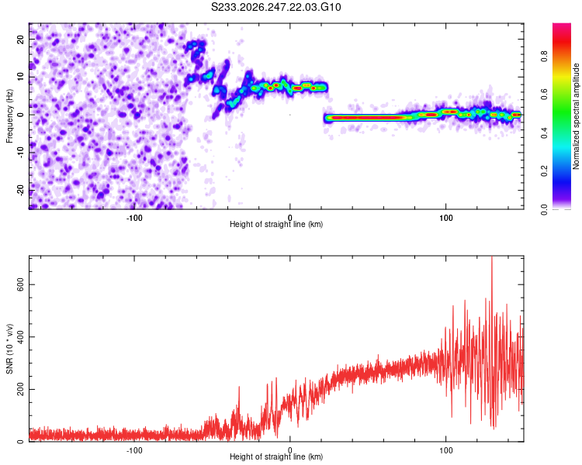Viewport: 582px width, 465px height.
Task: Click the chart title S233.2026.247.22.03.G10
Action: (x=275, y=7)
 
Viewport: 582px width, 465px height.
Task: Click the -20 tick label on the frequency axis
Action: (x=21, y=190)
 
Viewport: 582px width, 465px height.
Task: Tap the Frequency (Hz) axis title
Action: (x=9, y=115)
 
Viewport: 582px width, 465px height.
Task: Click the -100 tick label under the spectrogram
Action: (x=134, y=218)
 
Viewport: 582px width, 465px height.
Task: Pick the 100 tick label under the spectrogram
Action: (x=445, y=218)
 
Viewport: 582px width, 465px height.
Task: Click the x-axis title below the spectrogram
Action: (x=276, y=224)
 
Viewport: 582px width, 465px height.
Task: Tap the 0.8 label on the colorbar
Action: (x=545, y=57)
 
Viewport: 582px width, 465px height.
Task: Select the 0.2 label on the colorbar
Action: (x=545, y=171)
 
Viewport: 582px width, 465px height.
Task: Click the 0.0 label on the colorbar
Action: (x=545, y=209)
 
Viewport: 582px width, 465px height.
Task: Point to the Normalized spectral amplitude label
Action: (x=576, y=116)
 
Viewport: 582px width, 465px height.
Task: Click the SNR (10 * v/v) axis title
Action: (x=9, y=349)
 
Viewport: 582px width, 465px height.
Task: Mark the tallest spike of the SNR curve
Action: (x=492, y=257)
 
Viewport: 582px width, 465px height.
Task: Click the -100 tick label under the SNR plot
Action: (x=134, y=450)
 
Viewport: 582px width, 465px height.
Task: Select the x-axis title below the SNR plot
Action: (x=276, y=456)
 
